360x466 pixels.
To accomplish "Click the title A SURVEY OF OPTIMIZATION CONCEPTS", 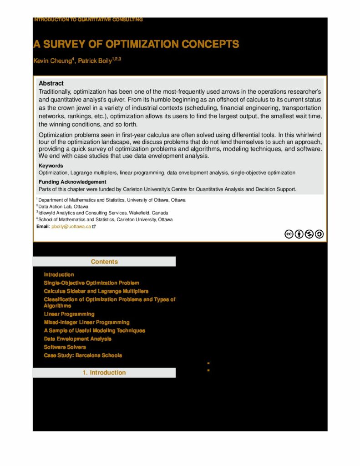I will (136, 44).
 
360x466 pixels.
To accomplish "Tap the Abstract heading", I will (51, 83).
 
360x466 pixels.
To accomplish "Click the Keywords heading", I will (51, 166).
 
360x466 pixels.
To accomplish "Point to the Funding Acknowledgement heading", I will (72, 182).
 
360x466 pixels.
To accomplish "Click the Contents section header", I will (104, 262).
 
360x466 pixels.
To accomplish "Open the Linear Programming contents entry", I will (69, 314).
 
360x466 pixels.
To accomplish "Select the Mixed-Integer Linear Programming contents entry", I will (86, 322).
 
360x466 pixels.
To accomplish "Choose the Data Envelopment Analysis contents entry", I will (77, 339).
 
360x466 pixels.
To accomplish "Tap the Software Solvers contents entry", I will (65, 347).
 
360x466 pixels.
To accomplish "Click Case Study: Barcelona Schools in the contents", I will (83, 355).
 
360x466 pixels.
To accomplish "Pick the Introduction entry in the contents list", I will (59, 274).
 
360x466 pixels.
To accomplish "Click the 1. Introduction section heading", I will (104, 373).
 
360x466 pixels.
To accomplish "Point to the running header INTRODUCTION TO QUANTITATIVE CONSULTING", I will (88, 20).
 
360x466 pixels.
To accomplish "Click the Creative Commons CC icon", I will (288, 234).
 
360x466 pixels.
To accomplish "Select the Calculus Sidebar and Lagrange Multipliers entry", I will (96, 291).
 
